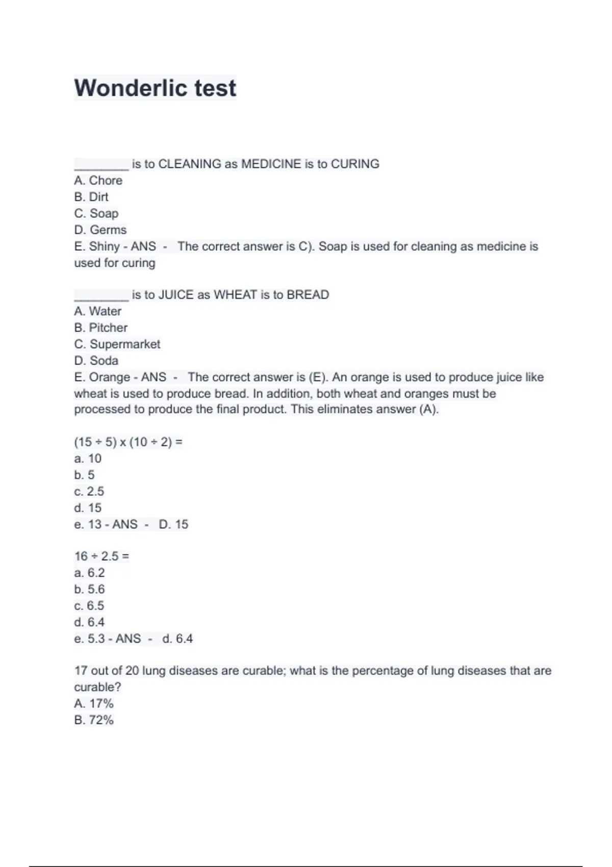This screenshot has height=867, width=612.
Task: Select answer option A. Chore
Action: (x=98, y=181)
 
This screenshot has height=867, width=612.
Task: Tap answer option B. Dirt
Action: (x=91, y=197)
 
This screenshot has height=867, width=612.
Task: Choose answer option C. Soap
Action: (x=96, y=213)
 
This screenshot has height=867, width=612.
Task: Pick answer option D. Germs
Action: (x=100, y=230)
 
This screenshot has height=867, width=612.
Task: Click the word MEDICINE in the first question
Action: (x=271, y=164)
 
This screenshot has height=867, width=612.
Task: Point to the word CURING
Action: (x=355, y=164)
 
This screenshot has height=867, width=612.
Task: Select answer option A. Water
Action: (x=97, y=311)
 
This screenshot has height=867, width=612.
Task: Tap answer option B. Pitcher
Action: (x=100, y=327)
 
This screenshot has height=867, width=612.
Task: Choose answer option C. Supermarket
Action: (x=117, y=344)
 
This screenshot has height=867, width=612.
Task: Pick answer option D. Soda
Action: (x=96, y=361)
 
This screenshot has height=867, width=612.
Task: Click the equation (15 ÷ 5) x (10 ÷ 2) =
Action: (x=128, y=442)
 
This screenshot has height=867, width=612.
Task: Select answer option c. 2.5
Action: (x=89, y=491)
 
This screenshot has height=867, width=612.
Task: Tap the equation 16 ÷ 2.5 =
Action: (x=101, y=556)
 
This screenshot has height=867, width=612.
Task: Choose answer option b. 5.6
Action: (x=89, y=589)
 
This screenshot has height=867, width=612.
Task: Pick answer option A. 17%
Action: (x=93, y=703)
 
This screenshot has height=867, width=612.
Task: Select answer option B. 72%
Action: (x=93, y=720)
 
